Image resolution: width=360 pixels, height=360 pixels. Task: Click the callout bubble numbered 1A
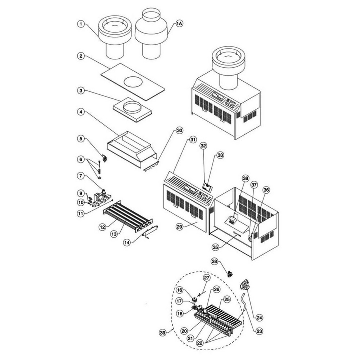(x=179, y=24)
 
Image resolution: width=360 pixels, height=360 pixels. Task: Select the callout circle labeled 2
(x=81, y=56)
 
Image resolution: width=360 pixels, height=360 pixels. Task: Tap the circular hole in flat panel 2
(x=133, y=82)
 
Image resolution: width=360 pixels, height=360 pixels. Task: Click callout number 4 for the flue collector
(x=81, y=112)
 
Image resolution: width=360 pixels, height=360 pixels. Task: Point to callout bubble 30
(x=179, y=130)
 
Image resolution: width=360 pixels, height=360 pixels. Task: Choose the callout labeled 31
(x=193, y=139)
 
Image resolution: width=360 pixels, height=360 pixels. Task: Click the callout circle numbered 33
(x=220, y=155)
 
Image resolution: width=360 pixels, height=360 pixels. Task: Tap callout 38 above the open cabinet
(x=246, y=178)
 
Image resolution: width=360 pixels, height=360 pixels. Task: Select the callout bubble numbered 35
(x=215, y=247)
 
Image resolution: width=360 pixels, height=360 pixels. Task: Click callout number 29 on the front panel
(x=180, y=226)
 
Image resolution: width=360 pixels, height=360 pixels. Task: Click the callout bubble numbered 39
(x=163, y=333)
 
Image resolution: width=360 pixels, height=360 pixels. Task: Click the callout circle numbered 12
(x=102, y=227)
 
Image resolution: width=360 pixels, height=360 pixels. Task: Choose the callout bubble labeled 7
(x=81, y=176)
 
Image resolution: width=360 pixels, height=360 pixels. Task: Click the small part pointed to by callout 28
(x=230, y=274)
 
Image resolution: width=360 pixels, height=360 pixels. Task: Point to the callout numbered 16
(x=180, y=290)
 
